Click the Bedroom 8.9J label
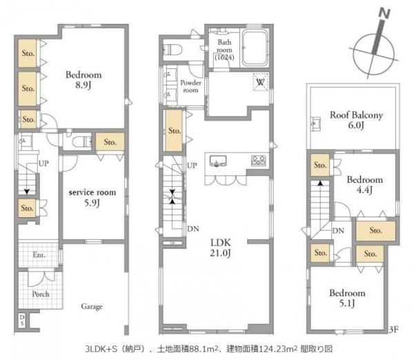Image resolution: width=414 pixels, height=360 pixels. click(83, 81)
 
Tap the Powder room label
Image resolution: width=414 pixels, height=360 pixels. click(190, 86)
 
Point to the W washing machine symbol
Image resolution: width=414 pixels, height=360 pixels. click(260, 81)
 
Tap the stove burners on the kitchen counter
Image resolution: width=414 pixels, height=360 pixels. click(257, 161)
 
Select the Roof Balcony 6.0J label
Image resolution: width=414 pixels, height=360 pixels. click(355, 121)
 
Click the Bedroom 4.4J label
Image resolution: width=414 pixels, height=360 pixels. click(364, 185)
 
